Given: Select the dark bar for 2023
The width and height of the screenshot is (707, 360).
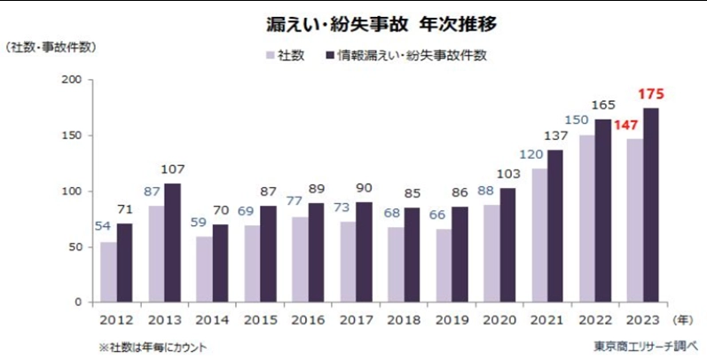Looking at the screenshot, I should (x=651, y=205).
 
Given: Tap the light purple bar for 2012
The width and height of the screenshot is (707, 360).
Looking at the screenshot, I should (x=107, y=271).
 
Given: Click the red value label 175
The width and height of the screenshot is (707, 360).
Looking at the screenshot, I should (x=651, y=94).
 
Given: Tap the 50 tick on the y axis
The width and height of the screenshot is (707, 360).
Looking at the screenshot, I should (x=75, y=247).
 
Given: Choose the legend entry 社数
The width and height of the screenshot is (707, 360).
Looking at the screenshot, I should (x=285, y=56).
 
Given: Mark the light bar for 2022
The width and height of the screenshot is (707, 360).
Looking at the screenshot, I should (x=586, y=218).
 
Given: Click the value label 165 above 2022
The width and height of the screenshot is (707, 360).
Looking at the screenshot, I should (x=603, y=106).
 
